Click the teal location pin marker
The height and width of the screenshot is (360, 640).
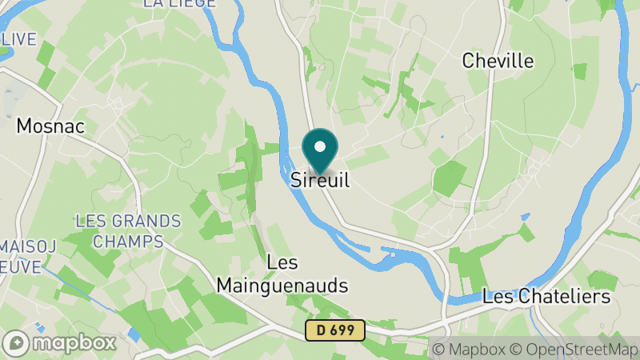tap(320, 150)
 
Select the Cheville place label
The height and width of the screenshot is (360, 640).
tap(498, 61)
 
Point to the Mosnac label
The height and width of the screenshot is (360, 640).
tap(51, 126)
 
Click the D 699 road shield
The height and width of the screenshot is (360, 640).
tap(334, 329)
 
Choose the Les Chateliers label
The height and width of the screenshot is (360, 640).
tap(546, 297)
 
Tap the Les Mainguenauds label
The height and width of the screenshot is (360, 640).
tap(282, 274)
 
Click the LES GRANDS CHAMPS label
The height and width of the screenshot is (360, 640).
tap(128, 230)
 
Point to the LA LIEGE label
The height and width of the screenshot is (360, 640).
tap(179, 3)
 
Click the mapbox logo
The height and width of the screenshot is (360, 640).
tap(59, 342)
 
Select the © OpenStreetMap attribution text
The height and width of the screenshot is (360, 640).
tap(575, 349)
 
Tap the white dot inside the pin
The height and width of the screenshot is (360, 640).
tap(320, 146)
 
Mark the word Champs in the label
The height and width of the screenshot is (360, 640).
tap(128, 240)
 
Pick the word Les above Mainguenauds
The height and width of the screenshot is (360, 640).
tap(282, 262)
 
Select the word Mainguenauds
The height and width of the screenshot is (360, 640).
tap(282, 285)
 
